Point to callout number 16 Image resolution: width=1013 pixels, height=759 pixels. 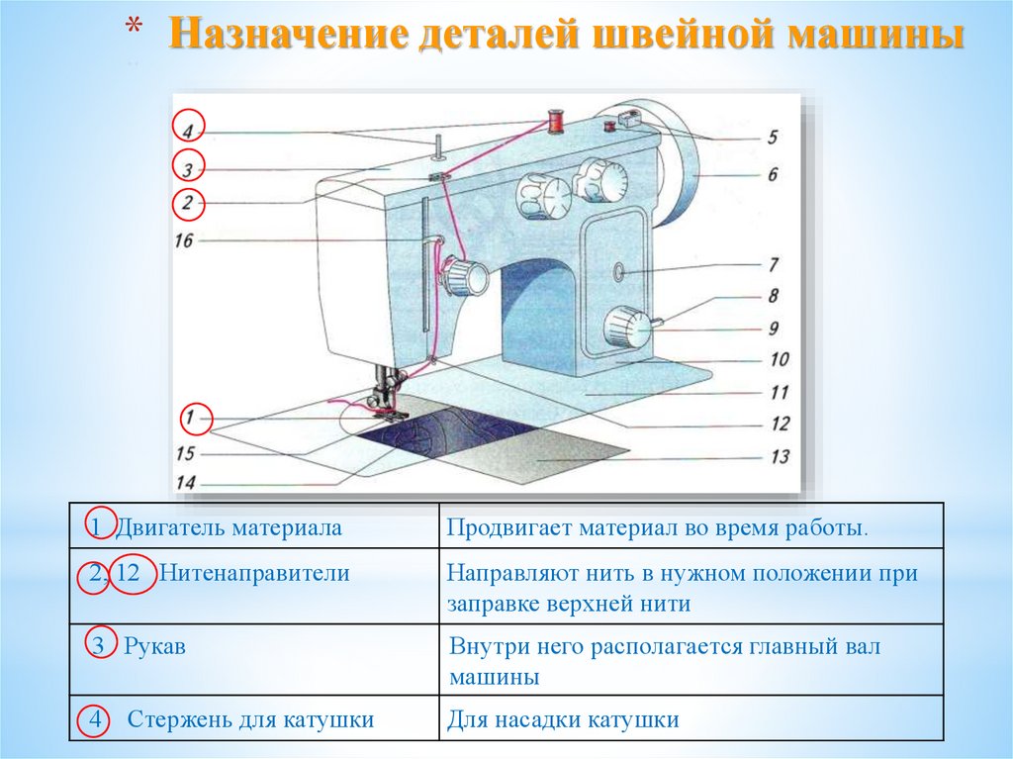pyautogui.click(x=185, y=240)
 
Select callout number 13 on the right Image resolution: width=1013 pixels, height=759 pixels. pyautogui.click(x=780, y=456)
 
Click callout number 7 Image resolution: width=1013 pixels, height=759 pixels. pyautogui.click(x=773, y=265)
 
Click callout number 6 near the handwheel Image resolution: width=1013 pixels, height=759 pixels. pyautogui.click(x=772, y=174)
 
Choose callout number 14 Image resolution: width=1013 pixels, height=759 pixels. pyautogui.click(x=184, y=483)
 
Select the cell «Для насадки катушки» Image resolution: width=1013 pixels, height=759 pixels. pyautogui.click(x=563, y=720)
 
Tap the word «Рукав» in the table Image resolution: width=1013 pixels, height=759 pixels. pyautogui.click(x=155, y=647)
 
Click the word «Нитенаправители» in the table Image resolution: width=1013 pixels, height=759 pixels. pyautogui.click(x=254, y=573)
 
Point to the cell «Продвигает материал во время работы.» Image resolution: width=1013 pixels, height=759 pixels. pyautogui.click(x=656, y=528)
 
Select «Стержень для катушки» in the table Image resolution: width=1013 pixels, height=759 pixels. pyautogui.click(x=250, y=720)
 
